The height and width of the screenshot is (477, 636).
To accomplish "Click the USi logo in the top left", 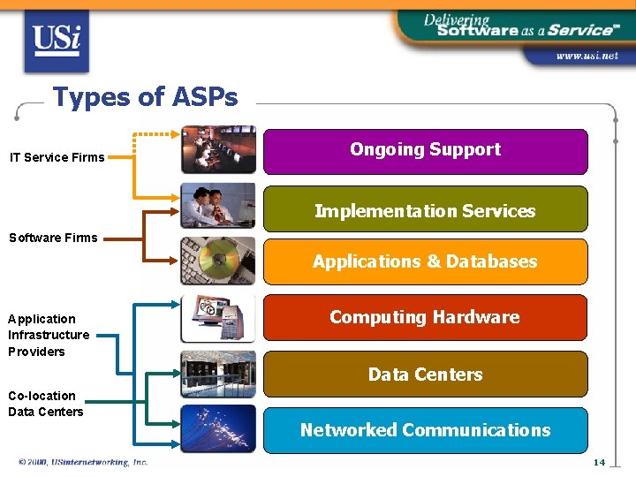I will [x=57, y=41].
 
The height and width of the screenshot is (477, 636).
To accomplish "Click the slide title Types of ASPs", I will [x=145, y=97].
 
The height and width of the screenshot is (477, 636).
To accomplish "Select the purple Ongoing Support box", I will [x=425, y=151].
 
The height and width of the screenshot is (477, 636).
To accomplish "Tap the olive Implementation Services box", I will [x=425, y=209].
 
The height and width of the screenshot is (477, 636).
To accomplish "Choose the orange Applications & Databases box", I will [x=425, y=261].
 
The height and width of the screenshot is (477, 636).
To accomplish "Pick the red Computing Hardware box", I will [x=425, y=317].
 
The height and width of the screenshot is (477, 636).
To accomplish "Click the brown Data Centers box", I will [x=425, y=375].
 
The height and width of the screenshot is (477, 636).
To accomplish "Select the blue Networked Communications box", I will [x=425, y=430].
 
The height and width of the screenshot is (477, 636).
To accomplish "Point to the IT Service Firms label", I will [x=57, y=157].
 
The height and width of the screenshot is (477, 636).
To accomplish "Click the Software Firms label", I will [x=53, y=237].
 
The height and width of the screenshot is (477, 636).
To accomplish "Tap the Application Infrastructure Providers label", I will [x=49, y=335].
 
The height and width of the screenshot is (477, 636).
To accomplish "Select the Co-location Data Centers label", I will [x=46, y=404].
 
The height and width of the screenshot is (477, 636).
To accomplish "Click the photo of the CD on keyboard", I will [x=218, y=261].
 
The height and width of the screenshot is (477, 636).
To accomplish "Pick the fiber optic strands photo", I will [x=218, y=428].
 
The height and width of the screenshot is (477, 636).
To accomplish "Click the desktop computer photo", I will [x=218, y=318].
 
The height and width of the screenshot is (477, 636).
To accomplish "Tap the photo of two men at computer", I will [x=218, y=206].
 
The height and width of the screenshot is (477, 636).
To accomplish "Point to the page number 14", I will [x=598, y=462].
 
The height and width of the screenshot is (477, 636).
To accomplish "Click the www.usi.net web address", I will [x=586, y=56].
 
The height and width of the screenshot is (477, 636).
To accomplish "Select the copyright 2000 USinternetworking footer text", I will [x=83, y=462].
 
